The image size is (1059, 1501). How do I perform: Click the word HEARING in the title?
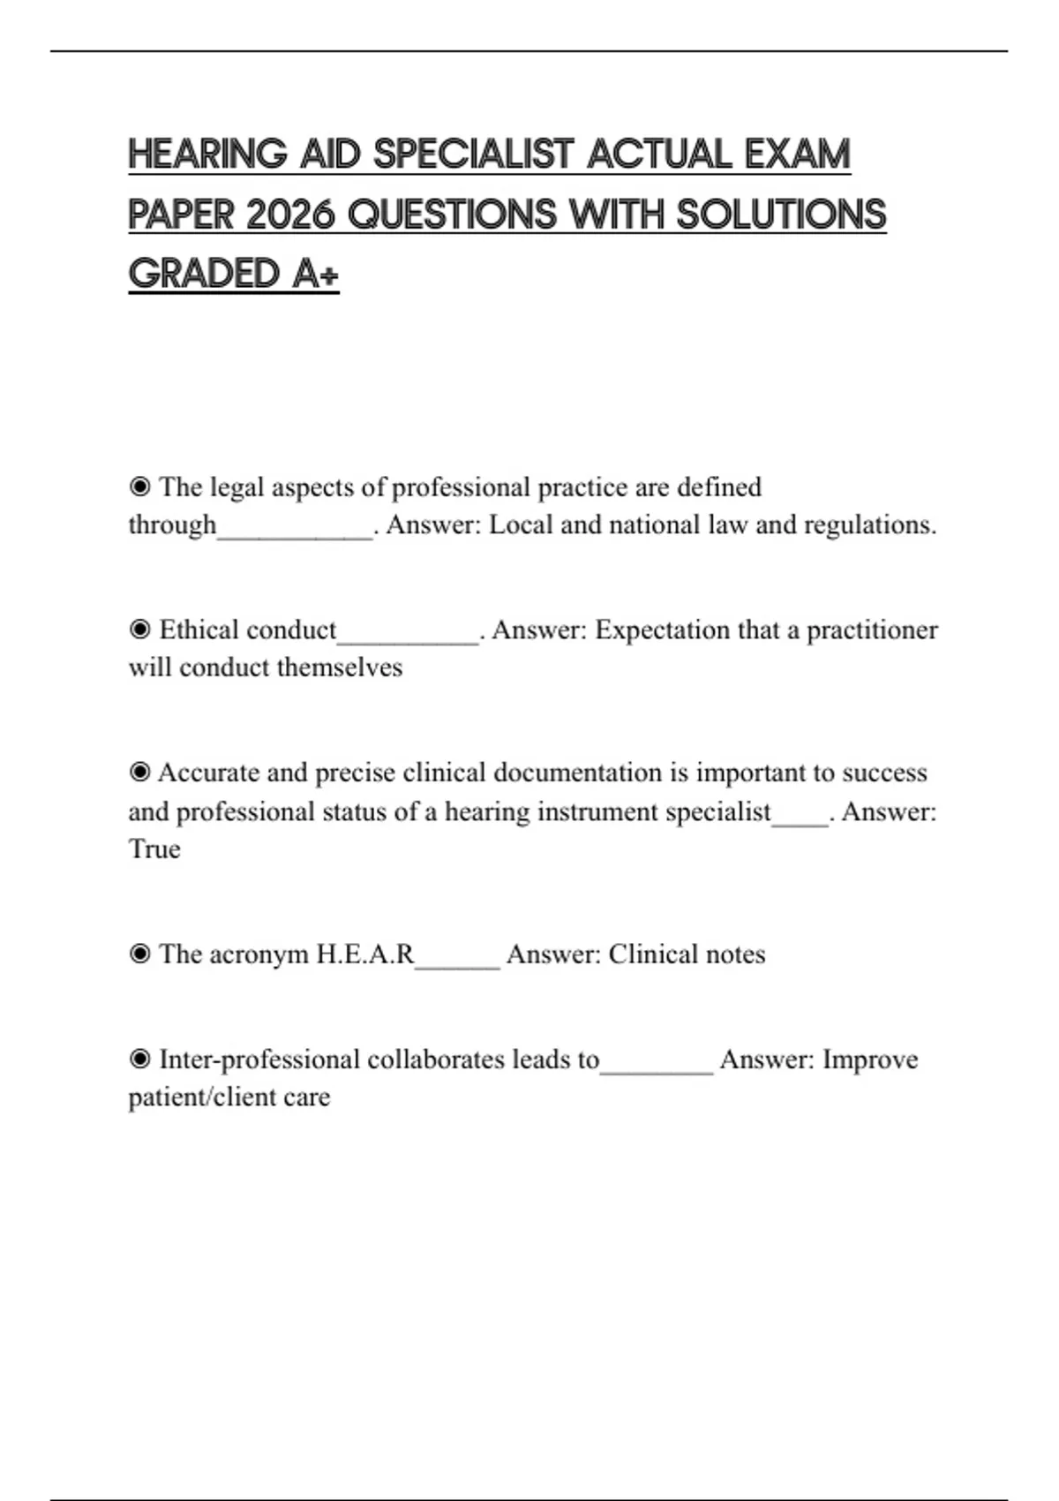(207, 155)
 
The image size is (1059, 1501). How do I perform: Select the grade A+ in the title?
(315, 274)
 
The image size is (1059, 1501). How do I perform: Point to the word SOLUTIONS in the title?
(781, 215)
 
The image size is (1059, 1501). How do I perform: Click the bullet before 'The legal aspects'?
(139, 487)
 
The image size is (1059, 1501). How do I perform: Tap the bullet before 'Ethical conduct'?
(139, 630)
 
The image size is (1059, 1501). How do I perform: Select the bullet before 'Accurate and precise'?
(139, 773)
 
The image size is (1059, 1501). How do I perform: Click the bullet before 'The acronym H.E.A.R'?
(139, 954)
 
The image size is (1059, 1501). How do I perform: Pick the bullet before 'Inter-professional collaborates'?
(139, 1059)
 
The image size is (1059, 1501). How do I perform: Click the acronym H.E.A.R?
(364, 954)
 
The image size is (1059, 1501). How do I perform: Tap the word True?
(154, 849)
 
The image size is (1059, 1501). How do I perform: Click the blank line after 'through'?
(295, 530)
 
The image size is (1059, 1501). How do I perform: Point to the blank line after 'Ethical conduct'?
(408, 636)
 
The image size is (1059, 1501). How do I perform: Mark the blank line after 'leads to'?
(656, 1065)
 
